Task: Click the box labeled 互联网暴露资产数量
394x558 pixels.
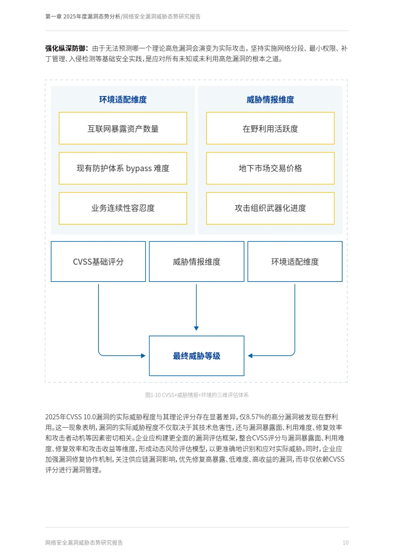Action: [x=123, y=129]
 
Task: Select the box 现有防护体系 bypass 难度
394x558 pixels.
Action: [x=123, y=168]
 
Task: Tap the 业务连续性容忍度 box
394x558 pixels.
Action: [x=123, y=208]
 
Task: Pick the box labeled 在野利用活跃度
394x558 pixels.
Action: [x=270, y=129]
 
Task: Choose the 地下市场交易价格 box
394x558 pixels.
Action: [x=270, y=168]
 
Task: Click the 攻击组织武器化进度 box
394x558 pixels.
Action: [x=270, y=208]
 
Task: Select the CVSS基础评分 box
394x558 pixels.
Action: [x=98, y=261]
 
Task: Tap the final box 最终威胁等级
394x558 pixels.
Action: [x=197, y=356]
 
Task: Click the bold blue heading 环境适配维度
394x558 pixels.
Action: [x=123, y=100]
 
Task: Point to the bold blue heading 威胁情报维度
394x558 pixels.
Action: [x=270, y=100]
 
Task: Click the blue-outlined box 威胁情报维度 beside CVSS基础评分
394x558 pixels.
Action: [x=197, y=261]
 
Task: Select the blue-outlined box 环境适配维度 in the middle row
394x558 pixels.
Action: [x=295, y=261]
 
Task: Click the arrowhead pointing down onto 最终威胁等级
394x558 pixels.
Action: [x=196, y=328]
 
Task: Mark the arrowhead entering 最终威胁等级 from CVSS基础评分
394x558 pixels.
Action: [x=143, y=356]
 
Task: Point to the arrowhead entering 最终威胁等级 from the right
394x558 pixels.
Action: [x=250, y=356]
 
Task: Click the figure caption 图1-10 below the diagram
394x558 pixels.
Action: [x=197, y=395]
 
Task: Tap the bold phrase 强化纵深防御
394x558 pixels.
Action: [x=66, y=49]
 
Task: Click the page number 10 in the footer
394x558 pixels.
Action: [x=345, y=543]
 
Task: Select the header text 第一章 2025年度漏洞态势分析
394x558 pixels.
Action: [x=83, y=16]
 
